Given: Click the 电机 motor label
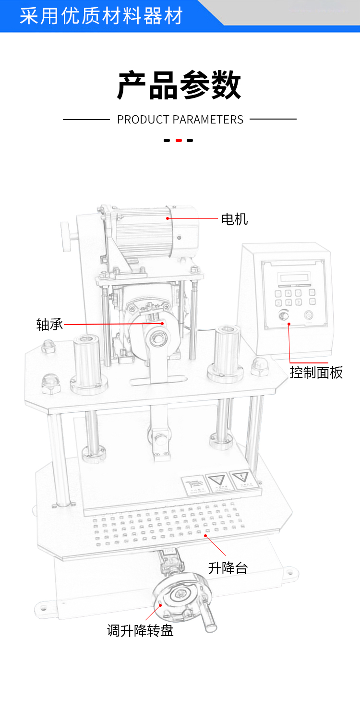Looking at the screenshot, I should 234,219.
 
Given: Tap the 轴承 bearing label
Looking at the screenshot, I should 49,325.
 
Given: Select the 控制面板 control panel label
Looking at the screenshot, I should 316,372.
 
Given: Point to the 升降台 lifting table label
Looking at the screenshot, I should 228,568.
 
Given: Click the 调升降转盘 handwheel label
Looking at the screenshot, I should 140,630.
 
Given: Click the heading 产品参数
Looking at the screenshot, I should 180,86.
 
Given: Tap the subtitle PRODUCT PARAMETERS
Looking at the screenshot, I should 180,120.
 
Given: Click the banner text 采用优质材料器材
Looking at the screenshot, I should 101,16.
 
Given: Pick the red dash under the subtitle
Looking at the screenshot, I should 179,141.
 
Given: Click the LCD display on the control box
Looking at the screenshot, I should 294,278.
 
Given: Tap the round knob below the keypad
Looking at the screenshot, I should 284,315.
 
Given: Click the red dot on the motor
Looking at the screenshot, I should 168,218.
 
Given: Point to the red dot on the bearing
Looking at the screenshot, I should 162,324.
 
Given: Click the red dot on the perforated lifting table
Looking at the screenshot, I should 205,535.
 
